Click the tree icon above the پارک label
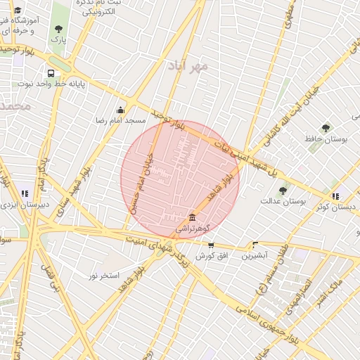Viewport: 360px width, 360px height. [58, 29]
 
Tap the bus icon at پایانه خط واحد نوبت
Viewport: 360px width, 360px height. [51, 73]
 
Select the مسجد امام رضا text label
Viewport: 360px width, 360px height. [121, 121]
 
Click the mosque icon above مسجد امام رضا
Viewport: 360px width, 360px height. [120, 110]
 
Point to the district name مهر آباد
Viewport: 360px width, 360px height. [188, 66]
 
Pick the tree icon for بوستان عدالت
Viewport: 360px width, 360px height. [283, 191]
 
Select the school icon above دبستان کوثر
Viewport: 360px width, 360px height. [335, 195]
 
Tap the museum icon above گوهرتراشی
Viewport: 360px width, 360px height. [193, 217]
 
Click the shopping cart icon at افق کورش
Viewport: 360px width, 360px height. [211, 245]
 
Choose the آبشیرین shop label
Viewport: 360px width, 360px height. [254, 256]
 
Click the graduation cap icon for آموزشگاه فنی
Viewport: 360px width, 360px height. [18, 11]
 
